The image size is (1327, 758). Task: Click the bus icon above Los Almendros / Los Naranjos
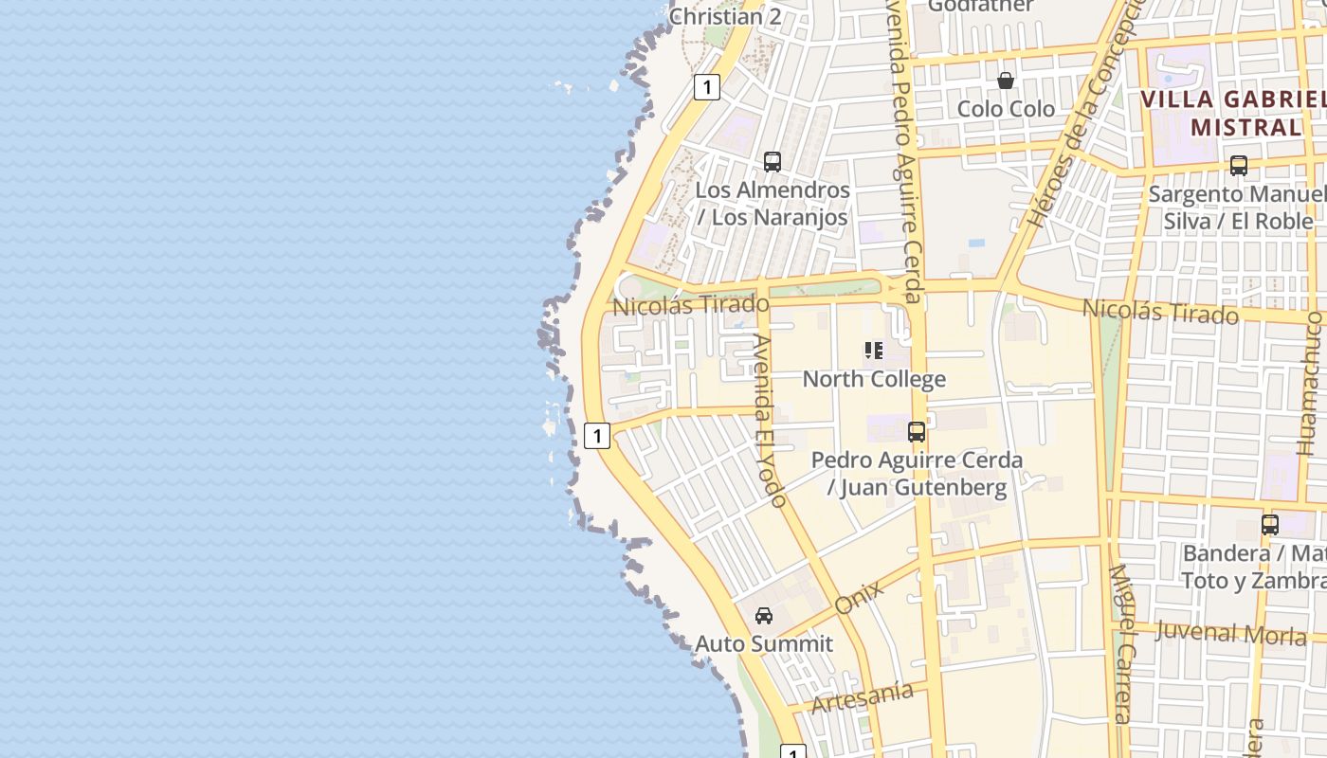773,161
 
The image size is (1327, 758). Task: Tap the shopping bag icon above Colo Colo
1006,81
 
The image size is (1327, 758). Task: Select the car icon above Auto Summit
763,616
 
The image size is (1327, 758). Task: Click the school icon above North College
874,351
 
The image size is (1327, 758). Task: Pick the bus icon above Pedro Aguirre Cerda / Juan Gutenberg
917,432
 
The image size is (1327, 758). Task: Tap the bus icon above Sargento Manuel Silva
1238,166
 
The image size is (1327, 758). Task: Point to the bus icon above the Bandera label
1269,524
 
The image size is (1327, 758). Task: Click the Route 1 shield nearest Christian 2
706,87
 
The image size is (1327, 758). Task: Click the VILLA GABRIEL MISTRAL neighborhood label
1232,113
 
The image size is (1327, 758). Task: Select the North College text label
874,379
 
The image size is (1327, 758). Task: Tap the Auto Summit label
764,644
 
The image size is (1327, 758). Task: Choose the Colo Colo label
1006,109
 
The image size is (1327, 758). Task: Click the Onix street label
860,597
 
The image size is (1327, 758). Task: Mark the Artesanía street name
863,696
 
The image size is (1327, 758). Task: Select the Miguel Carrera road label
1120,644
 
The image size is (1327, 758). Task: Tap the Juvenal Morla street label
1230,633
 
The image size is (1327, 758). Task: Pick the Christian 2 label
725,16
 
